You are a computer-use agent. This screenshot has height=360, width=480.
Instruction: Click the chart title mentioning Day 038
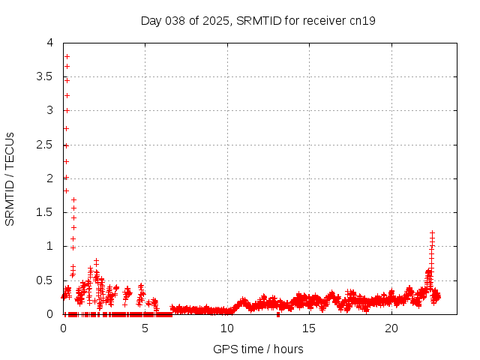pyautogui.click(x=258, y=20)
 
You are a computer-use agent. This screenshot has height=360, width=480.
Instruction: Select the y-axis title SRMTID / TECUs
pyautogui.click(x=10, y=178)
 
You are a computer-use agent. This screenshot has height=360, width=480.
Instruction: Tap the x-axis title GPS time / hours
pyautogui.click(x=258, y=349)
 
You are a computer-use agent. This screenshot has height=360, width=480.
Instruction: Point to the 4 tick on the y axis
pyautogui.click(x=49, y=43)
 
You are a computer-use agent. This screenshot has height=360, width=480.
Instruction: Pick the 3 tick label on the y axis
pyautogui.click(x=49, y=110)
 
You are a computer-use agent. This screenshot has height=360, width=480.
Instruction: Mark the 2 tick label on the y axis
pyautogui.click(x=49, y=178)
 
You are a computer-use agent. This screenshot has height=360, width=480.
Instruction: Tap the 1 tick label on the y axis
pyautogui.click(x=49, y=246)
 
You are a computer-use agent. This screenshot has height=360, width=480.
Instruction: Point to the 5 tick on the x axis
pyautogui.click(x=145, y=328)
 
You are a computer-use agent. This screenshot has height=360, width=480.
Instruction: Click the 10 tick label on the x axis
pyautogui.click(x=227, y=328)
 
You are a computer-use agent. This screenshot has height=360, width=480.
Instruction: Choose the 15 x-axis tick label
pyautogui.click(x=309, y=328)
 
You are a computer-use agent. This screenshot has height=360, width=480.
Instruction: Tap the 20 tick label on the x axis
pyautogui.click(x=391, y=328)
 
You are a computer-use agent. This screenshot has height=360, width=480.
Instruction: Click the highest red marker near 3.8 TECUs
pyautogui.click(x=67, y=56)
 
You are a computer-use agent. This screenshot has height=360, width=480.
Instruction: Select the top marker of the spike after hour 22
pyautogui.click(x=432, y=232)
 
